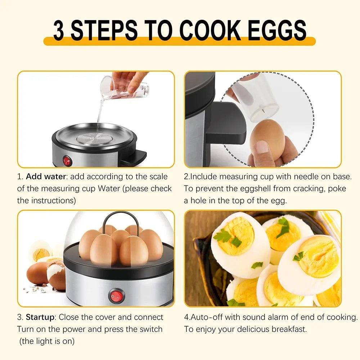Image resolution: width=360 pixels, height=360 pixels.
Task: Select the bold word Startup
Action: pos(40,317)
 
